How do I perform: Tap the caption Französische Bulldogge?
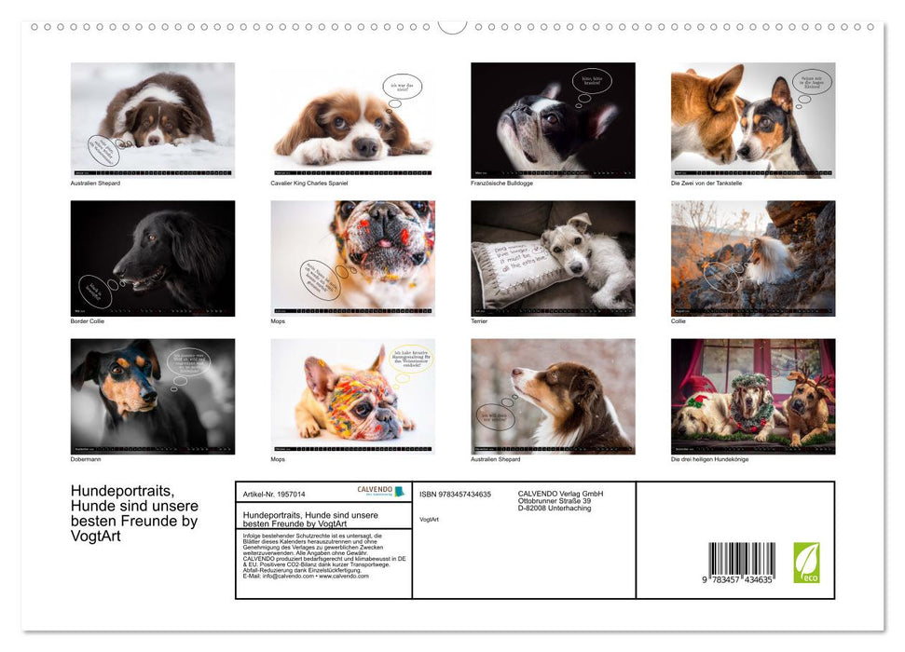click(501, 183)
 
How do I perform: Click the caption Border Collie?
click(88, 321)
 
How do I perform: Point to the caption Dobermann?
click(86, 459)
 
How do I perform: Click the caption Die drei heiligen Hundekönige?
click(709, 459)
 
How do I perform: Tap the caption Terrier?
click(480, 321)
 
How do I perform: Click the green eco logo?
click(806, 563)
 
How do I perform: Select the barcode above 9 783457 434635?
click(741, 559)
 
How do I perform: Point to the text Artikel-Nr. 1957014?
click(273, 495)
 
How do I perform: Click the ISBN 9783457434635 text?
click(455, 495)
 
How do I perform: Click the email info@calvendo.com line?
click(305, 576)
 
